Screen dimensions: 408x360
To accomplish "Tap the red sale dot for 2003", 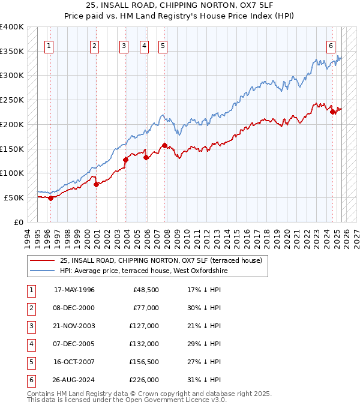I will (x=126, y=160).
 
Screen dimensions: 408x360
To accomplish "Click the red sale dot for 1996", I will (x=50, y=198).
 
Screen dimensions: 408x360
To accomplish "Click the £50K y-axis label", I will (x=14, y=197).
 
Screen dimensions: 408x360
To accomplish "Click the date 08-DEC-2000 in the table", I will (x=74, y=308).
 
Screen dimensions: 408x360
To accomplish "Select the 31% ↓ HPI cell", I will (x=204, y=380).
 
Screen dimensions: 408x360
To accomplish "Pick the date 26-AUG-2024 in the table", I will (x=74, y=380).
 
